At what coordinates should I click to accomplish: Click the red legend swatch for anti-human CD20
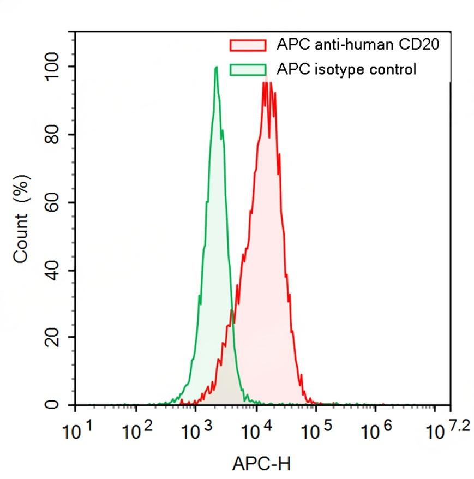coord(248,45)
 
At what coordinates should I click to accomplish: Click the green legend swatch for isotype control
coord(248,69)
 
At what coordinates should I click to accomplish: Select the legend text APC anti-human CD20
coord(358,44)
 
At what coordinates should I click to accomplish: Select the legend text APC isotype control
coord(346,69)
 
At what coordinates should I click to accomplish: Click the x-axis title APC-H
coord(261,464)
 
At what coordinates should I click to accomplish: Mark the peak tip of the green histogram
coord(216,67)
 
